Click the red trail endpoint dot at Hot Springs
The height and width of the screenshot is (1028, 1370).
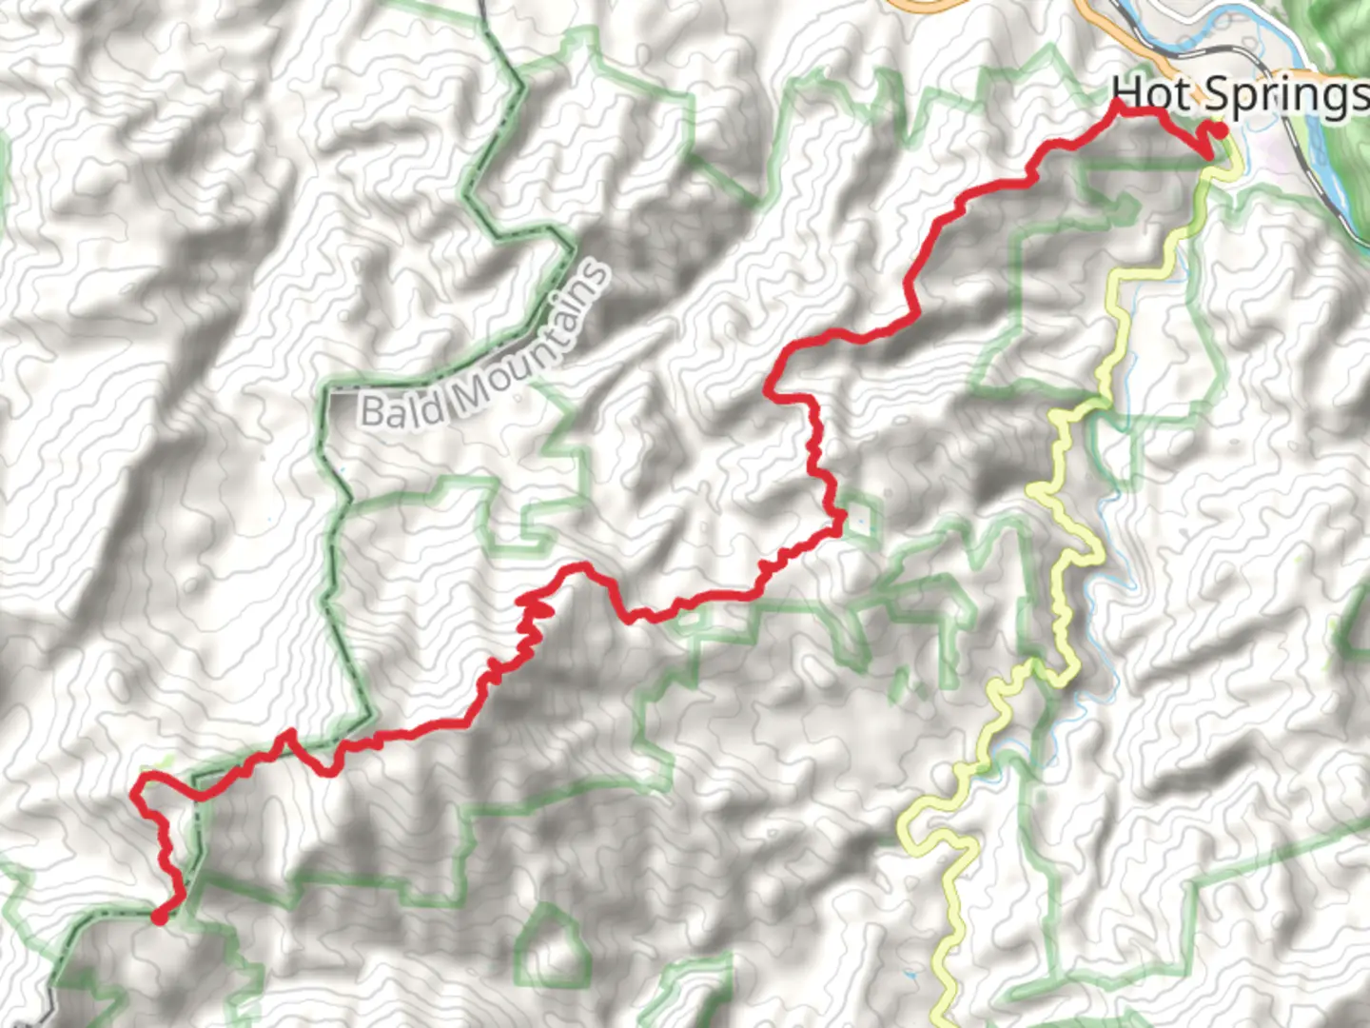(1217, 130)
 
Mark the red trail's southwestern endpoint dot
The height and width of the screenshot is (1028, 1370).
(160, 917)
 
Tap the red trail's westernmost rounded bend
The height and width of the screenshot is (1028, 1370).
(138, 786)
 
